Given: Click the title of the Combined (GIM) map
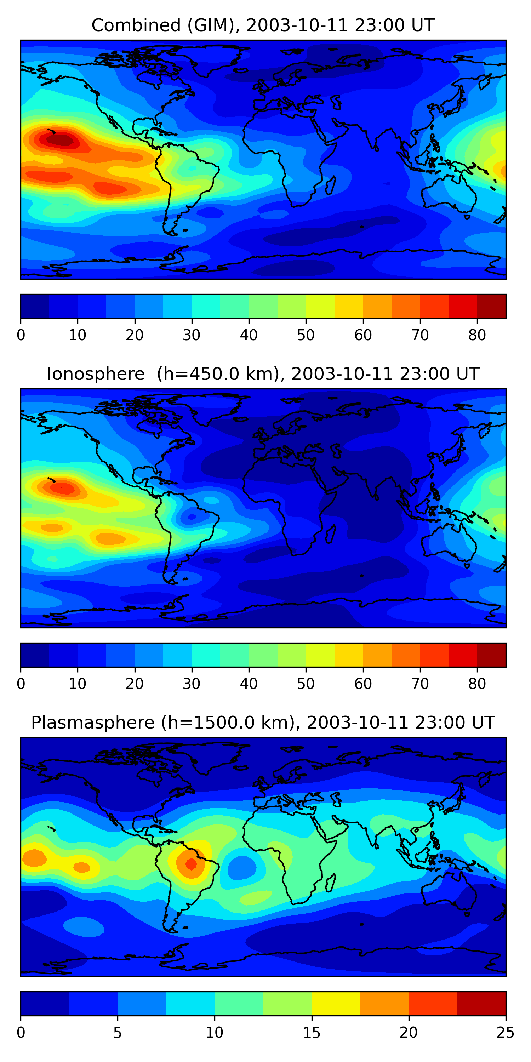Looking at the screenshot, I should point(263,25).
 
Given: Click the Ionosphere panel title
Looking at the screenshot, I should point(263,374).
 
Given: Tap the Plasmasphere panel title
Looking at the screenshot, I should point(263,723).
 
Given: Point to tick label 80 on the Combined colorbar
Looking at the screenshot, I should point(477,335).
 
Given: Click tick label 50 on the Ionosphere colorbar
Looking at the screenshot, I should point(306,684).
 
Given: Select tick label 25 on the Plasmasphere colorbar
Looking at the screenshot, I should point(505,1033).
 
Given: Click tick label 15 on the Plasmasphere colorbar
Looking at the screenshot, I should point(312,1033).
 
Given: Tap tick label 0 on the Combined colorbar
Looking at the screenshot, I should point(21,335).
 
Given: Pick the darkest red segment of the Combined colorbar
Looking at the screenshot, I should point(491,306).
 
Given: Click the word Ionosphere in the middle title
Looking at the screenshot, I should point(96,374).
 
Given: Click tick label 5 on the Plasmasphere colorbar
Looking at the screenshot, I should point(118,1033).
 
